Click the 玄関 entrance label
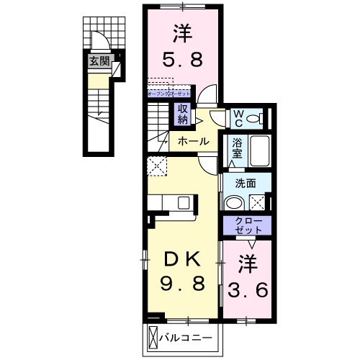pyautogui.click(x=99, y=62)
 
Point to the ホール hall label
pyautogui.click(x=193, y=141)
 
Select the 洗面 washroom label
pyautogui.click(x=246, y=183)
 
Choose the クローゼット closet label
pyautogui.click(x=246, y=225)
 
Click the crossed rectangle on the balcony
pyautogui.click(x=154, y=337)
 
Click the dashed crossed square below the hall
pyautogui.click(x=158, y=166)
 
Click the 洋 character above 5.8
pyautogui.click(x=181, y=32)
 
